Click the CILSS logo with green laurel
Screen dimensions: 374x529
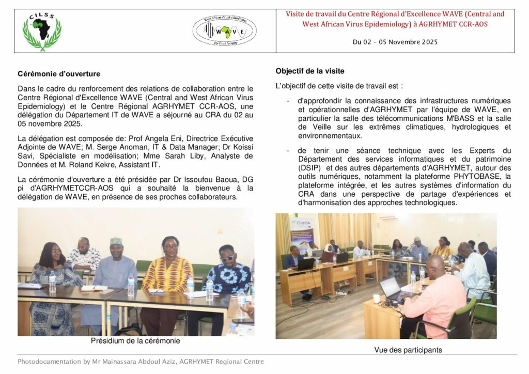pyautogui.click(x=42, y=31)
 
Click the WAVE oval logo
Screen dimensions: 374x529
pyautogui.click(x=224, y=30)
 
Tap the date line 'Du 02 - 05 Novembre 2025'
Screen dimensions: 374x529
pyautogui.click(x=395, y=42)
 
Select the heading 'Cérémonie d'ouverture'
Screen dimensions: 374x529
pyautogui.click(x=59, y=74)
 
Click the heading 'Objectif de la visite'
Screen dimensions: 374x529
pyautogui.click(x=310, y=71)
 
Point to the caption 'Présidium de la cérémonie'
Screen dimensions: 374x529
pyautogui.click(x=135, y=341)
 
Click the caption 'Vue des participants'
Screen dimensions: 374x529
pyautogui.click(x=408, y=350)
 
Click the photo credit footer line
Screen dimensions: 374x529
pyautogui.click(x=141, y=362)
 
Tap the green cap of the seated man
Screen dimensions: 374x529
pyautogui.click(x=117, y=241)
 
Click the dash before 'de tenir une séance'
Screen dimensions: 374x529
pyautogui.click(x=288, y=150)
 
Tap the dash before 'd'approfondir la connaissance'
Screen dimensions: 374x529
pyautogui.click(x=288, y=101)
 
